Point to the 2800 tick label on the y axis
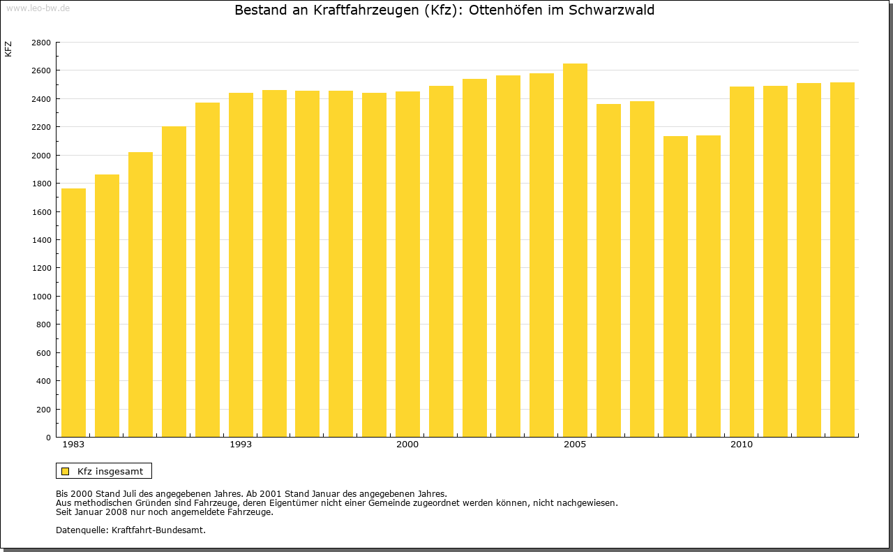tap(41, 43)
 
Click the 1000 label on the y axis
tap(41, 297)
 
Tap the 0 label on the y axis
tap(48, 438)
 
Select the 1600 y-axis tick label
tap(41, 212)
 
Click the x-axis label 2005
tap(575, 445)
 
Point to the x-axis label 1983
tap(73, 445)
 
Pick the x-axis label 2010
tap(742, 445)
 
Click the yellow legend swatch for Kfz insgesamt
tap(66, 471)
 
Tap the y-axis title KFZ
tap(8, 49)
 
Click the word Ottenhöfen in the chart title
tap(502, 10)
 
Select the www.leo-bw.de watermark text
tap(38, 8)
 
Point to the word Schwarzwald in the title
tap(614, 10)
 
